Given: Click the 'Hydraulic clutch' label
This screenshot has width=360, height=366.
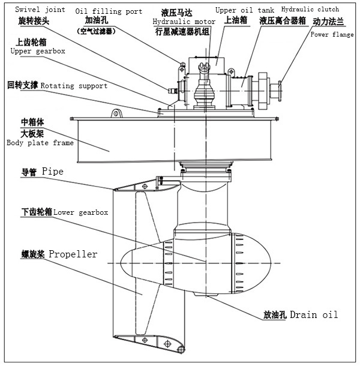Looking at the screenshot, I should click(310, 10).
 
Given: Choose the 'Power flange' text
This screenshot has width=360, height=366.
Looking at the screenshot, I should click(332, 35).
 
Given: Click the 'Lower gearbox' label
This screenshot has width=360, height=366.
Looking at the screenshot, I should click(80, 212).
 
